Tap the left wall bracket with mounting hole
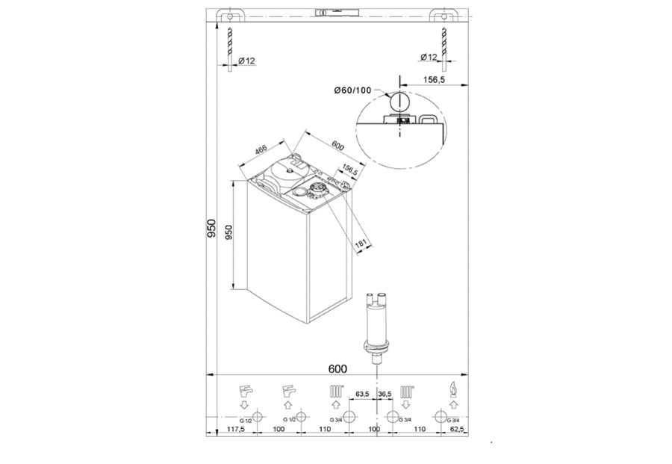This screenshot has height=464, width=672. (x=230, y=16)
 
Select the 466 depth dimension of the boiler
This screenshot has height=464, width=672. (x=261, y=149)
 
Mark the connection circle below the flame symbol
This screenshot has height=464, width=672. (x=452, y=417)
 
